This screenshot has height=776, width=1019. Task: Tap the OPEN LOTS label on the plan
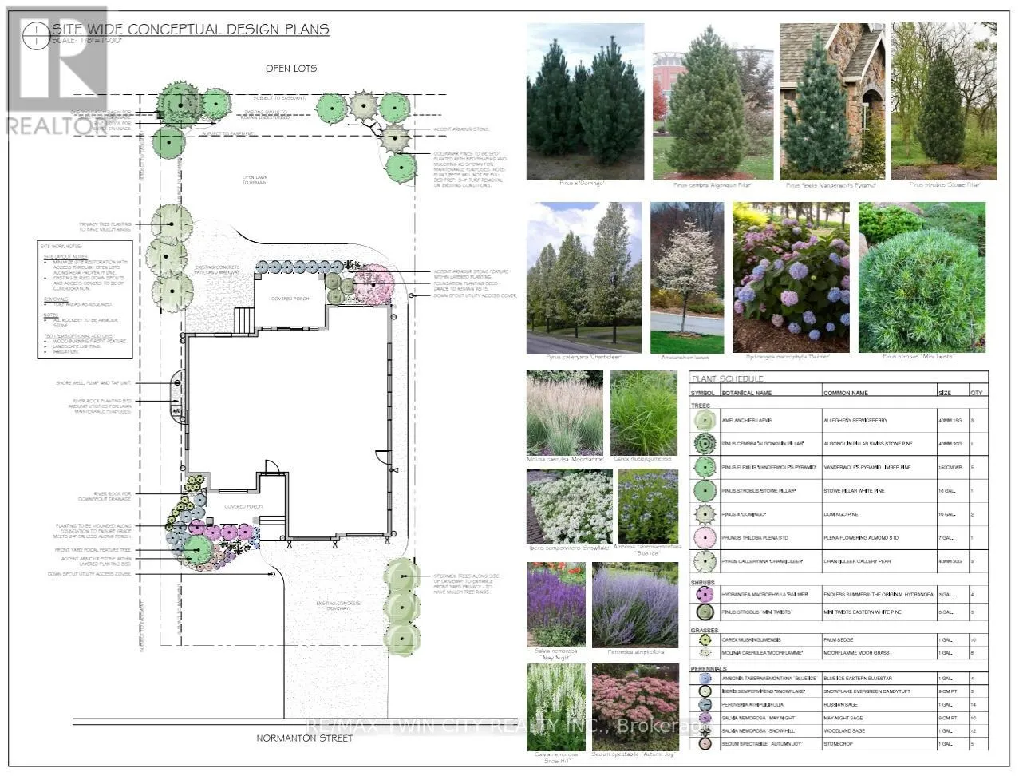click(x=291, y=69)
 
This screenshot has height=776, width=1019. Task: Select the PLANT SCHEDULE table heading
click(x=727, y=378)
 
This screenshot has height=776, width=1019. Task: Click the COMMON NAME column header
click(x=845, y=393)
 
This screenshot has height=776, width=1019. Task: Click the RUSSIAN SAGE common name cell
click(x=839, y=705)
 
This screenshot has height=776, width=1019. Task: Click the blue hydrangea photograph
click(x=790, y=277)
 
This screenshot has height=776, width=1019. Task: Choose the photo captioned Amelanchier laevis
click(x=686, y=277)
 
